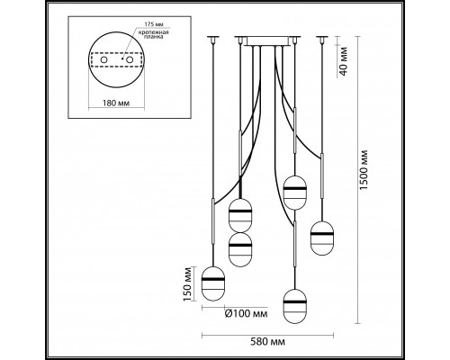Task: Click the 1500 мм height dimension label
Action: (x=364, y=169)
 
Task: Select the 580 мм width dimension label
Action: (x=268, y=342)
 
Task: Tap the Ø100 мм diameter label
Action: (x=246, y=314)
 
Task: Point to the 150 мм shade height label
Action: (x=188, y=283)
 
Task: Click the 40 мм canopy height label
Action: (x=344, y=61)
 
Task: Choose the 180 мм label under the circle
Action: (x=116, y=103)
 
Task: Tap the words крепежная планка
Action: (x=153, y=34)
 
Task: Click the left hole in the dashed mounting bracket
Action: (x=103, y=60)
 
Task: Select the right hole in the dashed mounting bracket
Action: (x=130, y=60)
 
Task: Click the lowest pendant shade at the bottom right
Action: (x=295, y=306)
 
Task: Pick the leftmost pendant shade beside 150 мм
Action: (x=213, y=283)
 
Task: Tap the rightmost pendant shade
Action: (x=322, y=238)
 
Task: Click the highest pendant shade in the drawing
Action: (x=295, y=193)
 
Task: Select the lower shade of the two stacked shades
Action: (x=240, y=249)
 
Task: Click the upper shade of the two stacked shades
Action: (x=240, y=215)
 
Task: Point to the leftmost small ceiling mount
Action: (x=213, y=39)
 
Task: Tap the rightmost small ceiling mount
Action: (x=322, y=39)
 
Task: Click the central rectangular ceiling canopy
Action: (x=267, y=41)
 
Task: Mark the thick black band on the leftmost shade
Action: (x=213, y=279)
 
